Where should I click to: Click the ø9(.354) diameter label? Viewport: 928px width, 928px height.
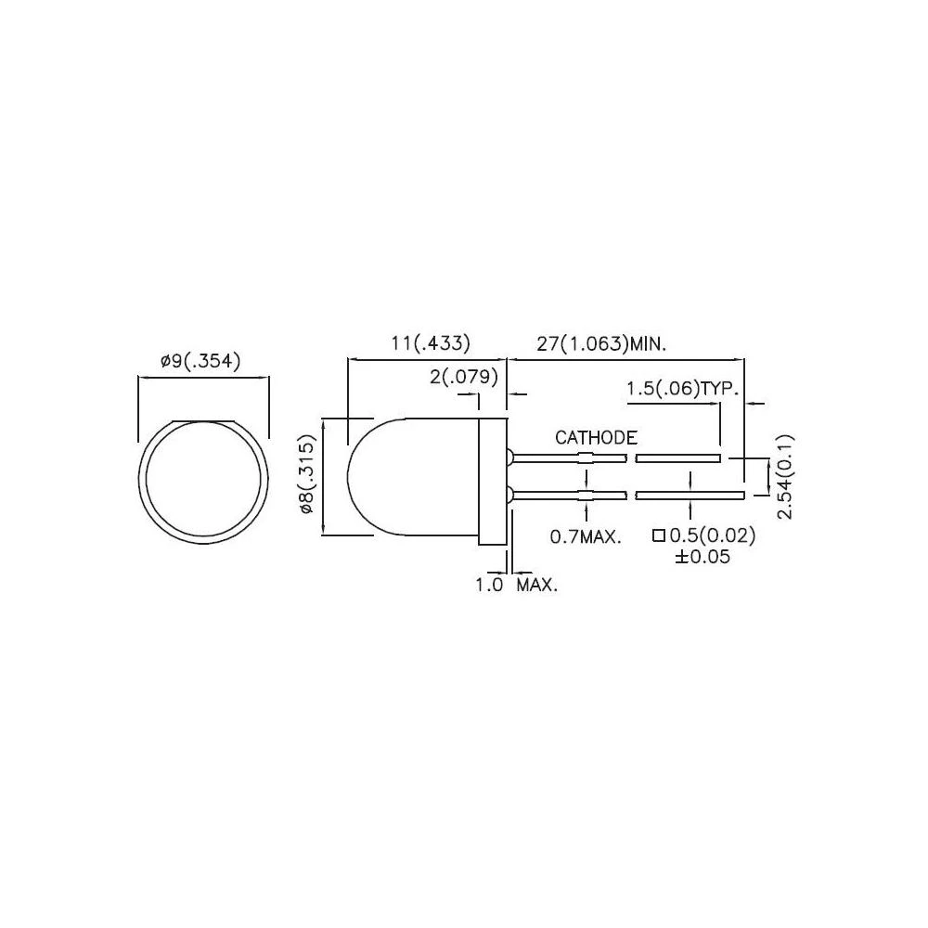[x=200, y=362]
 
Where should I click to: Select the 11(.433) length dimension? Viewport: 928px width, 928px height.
[x=430, y=342]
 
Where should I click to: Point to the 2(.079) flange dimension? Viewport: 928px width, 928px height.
[x=464, y=377]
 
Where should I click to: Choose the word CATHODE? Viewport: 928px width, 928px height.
[x=596, y=437]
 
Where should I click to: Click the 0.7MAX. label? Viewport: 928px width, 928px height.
[x=586, y=536]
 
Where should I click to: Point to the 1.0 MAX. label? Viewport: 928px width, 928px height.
[x=516, y=586]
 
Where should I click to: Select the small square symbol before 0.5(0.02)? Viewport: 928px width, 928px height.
[x=658, y=535]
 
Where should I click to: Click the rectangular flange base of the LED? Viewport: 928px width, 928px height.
[x=492, y=482]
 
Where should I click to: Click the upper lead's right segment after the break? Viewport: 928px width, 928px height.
[x=678, y=458]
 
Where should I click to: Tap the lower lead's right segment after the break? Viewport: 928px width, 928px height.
[x=690, y=495]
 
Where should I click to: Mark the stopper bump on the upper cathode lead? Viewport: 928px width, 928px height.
[x=586, y=458]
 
